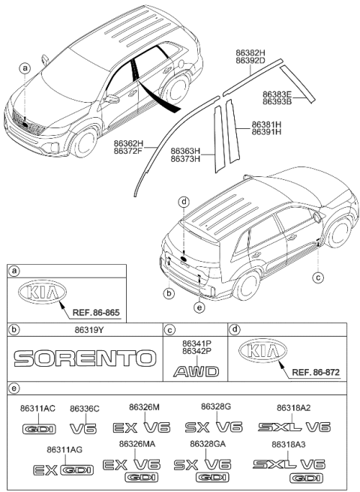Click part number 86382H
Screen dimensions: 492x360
250,52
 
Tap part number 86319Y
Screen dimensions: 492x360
83,330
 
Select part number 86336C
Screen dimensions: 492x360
85,408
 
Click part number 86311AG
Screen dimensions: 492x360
64,449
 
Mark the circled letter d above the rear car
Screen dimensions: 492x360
184,202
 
